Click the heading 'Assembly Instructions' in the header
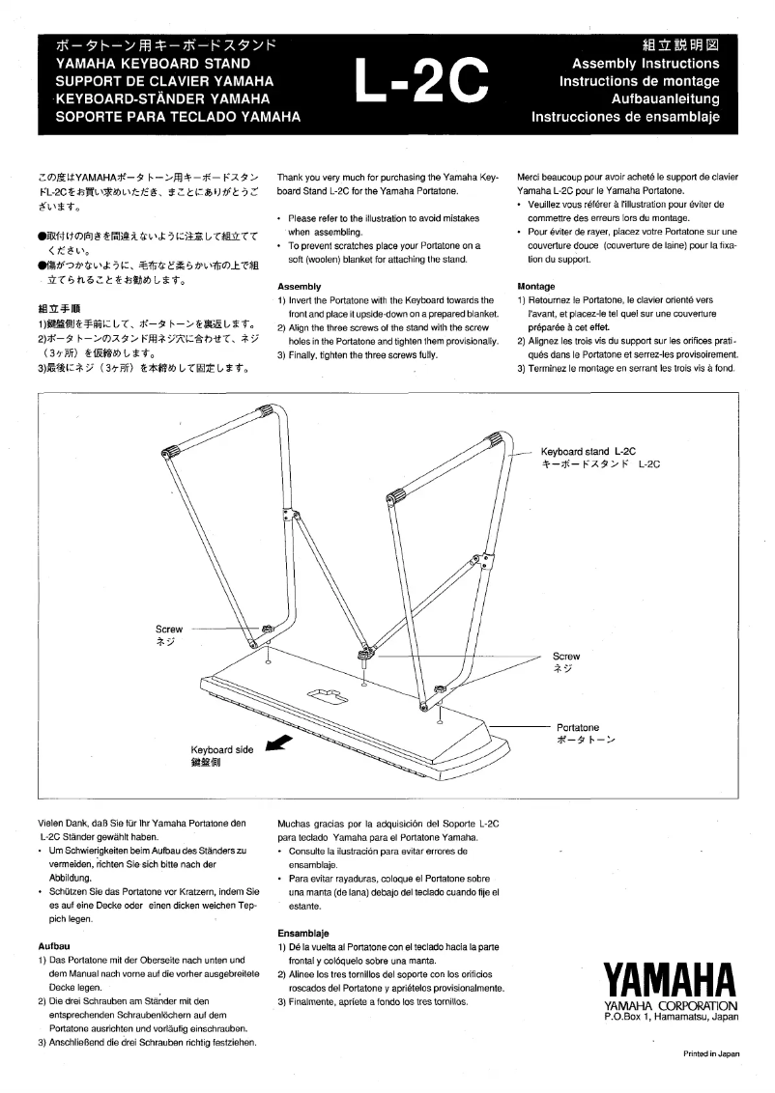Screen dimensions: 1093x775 [x=646, y=64]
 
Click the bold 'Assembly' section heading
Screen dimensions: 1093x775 [x=299, y=287]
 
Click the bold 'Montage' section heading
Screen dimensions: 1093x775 [x=536, y=287]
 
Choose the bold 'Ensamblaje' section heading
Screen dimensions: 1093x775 [x=303, y=934]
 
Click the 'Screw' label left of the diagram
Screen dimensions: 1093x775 [x=169, y=628]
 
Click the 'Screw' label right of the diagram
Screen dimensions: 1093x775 [x=566, y=656]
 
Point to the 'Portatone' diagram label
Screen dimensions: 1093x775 [x=578, y=727]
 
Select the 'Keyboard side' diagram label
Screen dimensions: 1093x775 [x=221, y=749]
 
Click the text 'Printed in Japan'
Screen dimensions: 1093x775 [x=711, y=1053]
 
